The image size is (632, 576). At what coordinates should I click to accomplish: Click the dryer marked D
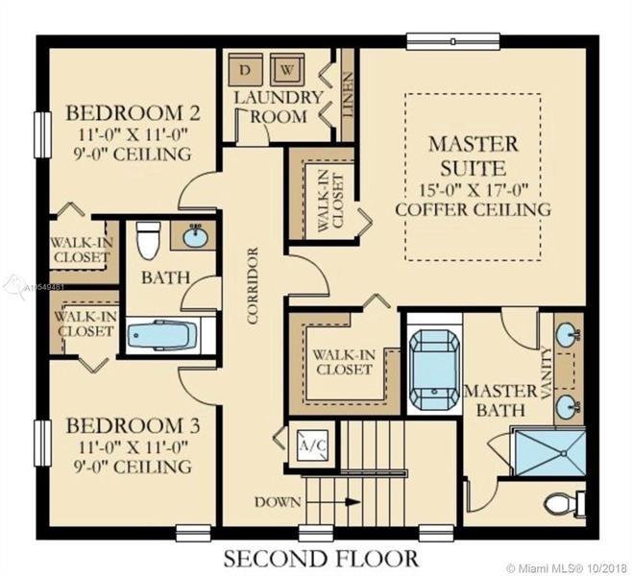point(245,69)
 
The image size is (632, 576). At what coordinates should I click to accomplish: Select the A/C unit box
point(313,445)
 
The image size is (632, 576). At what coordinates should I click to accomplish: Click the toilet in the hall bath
point(148,240)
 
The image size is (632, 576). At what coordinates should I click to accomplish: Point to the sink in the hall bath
point(196,236)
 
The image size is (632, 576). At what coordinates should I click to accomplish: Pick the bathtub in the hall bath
point(162,336)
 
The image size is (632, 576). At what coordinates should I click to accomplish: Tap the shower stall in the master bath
point(550,452)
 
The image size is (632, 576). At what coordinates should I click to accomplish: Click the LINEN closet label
point(348,94)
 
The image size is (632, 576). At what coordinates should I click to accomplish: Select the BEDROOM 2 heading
point(133,112)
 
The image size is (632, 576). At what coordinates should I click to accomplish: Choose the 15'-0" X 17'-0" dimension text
point(474,189)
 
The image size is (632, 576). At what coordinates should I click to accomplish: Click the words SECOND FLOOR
point(321,559)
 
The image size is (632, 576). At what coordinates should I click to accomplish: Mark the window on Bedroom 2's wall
point(42,134)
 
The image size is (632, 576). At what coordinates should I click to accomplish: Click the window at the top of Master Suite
point(453,41)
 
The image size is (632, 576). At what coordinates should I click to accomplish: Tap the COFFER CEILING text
point(473,209)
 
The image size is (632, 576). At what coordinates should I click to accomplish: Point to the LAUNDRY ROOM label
point(279,108)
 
